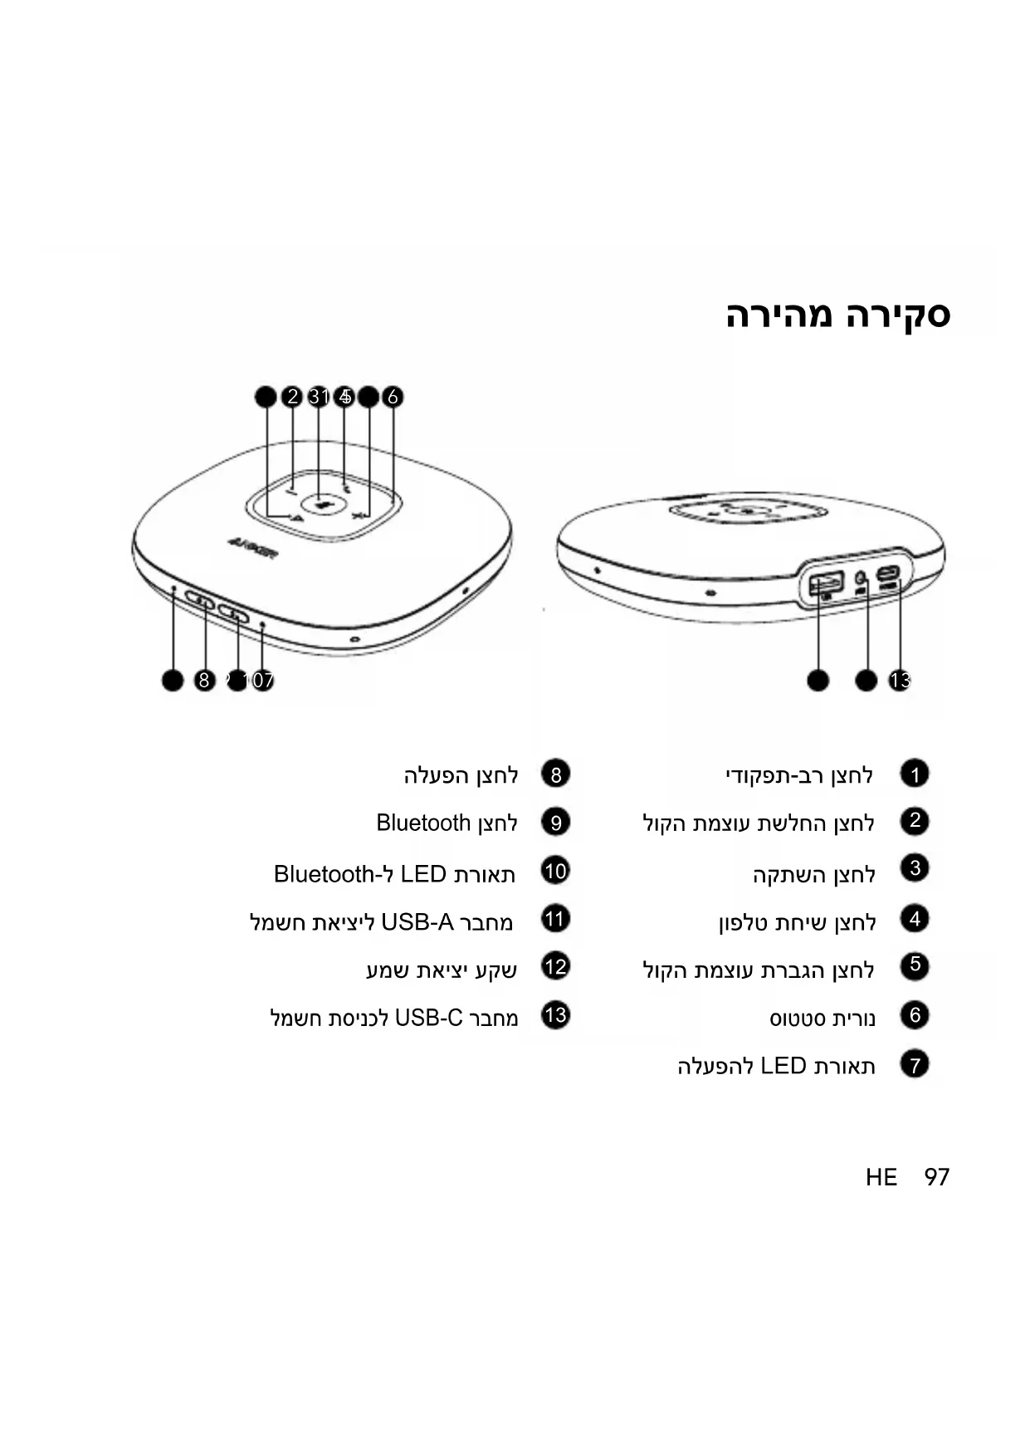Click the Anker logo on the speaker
click(252, 549)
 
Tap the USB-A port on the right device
click(826, 583)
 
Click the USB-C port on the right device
click(888, 574)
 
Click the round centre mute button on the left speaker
click(320, 502)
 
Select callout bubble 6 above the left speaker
click(393, 397)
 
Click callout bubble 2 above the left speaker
click(291, 397)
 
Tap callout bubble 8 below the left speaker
click(204, 681)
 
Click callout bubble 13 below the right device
click(900, 681)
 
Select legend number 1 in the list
click(914, 774)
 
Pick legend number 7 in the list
click(914, 1064)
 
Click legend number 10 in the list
click(555, 872)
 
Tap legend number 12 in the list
click(555, 967)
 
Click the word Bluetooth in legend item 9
click(423, 823)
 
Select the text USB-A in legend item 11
click(417, 921)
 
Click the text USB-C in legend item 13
click(428, 1018)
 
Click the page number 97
click(936, 1177)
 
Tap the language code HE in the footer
click(881, 1177)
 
